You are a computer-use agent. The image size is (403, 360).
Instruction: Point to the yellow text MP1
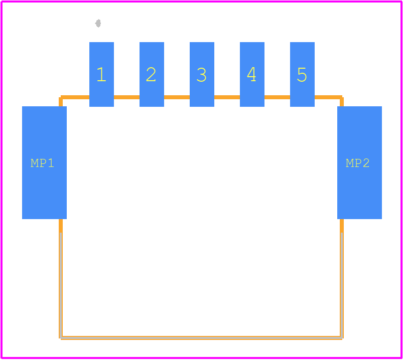click(x=43, y=163)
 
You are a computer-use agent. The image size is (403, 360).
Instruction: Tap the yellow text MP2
click(x=358, y=163)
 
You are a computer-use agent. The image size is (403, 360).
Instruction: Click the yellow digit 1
click(x=101, y=75)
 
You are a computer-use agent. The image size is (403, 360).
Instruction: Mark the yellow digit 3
click(x=201, y=75)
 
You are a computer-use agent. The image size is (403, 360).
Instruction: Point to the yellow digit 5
click(x=302, y=75)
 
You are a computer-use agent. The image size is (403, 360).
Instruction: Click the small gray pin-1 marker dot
click(x=98, y=23)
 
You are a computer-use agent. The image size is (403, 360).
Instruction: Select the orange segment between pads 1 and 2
click(x=126, y=97)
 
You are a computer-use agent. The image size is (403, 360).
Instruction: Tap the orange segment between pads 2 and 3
click(x=177, y=97)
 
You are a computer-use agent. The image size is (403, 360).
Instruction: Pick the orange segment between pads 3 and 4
click(x=227, y=97)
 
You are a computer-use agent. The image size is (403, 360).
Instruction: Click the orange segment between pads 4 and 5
click(x=277, y=97)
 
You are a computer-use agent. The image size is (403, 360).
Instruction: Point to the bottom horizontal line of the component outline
click(x=201, y=337)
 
